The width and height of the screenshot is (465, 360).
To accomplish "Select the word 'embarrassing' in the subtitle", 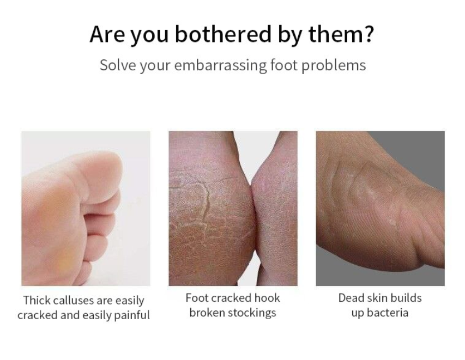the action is click(220, 65).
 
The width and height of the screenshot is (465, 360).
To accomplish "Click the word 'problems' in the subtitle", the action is click(334, 65).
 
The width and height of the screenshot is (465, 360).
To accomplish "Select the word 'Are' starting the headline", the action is click(107, 34).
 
